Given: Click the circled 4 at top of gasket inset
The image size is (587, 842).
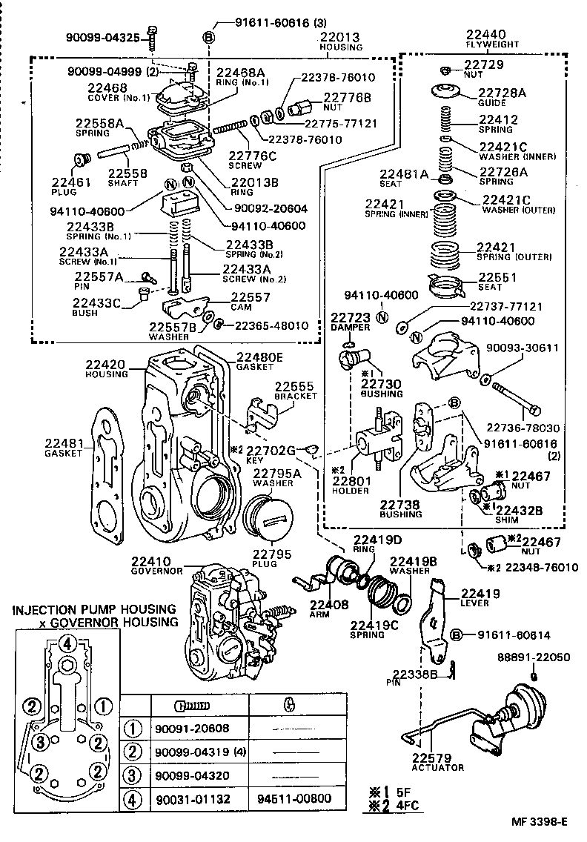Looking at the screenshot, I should [67, 643].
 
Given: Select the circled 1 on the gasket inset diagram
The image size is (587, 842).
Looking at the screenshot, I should [105, 705].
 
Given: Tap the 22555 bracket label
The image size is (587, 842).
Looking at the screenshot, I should [294, 387].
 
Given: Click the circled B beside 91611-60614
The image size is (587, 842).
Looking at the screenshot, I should [457, 634].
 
